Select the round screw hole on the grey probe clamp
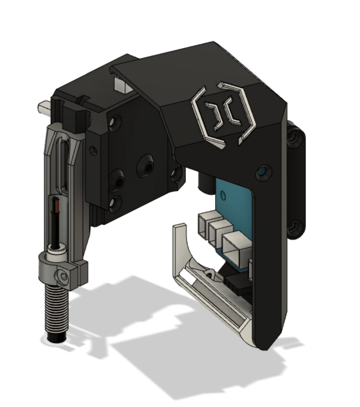click(x=63, y=276)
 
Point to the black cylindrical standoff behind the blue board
click(x=206, y=182)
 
